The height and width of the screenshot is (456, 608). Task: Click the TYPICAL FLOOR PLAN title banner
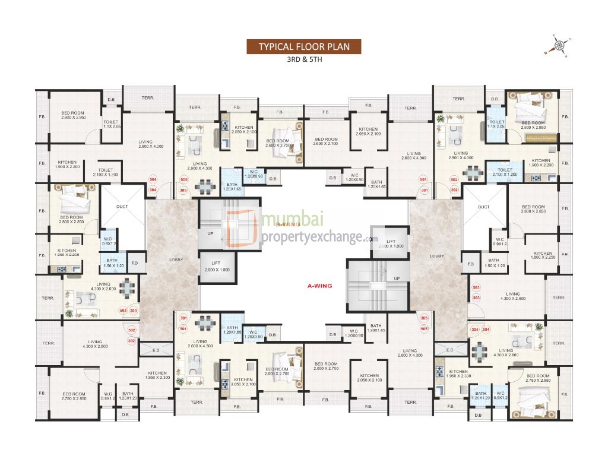(x=303, y=47)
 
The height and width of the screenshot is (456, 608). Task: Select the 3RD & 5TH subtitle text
(x=303, y=60)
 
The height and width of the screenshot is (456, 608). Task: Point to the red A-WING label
(x=319, y=286)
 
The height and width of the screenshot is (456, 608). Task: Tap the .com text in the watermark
(x=371, y=239)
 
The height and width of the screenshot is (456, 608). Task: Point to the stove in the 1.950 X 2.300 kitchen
(x=440, y=371)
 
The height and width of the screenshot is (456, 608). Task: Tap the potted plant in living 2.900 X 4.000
(x=440, y=119)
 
